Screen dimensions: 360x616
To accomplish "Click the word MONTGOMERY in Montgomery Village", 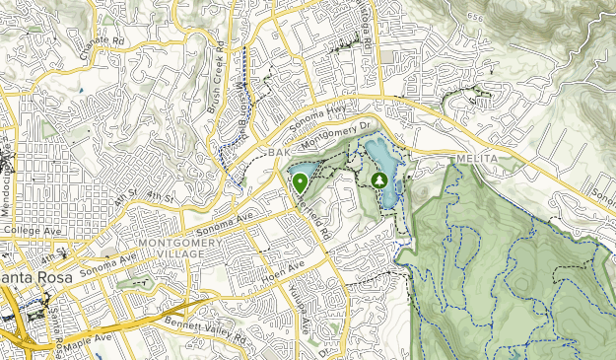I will (176, 243).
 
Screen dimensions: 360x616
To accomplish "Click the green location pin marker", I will (299, 182).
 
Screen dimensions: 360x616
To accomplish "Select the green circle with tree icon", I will (380, 180).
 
